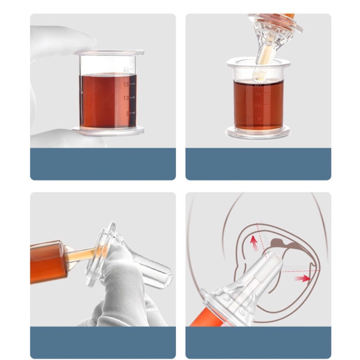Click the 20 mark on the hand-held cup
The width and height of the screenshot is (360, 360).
click(126, 69)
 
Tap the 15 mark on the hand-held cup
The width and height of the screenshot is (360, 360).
click(126, 84)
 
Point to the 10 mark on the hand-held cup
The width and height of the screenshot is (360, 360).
click(126, 98)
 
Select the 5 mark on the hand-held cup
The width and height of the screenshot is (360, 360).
click(127, 113)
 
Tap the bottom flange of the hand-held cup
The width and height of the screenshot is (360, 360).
click(108, 131)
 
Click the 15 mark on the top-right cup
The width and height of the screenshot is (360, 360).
click(258, 94)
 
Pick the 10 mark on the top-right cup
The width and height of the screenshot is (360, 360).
click(258, 105)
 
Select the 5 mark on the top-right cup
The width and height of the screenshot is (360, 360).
click(258, 119)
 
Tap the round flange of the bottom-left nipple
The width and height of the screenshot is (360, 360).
click(103, 252)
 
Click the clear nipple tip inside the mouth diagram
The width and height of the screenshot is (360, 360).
click(270, 265)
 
